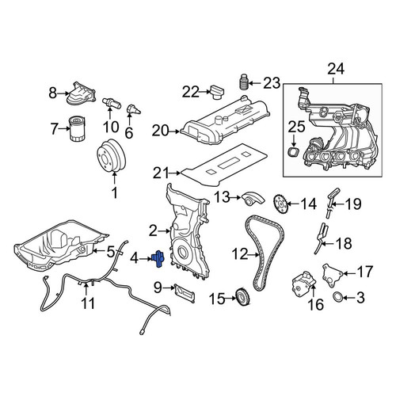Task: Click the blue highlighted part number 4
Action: pos(158,258)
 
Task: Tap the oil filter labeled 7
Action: pos(77,129)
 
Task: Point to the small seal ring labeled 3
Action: pos(338,297)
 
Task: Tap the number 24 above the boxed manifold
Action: pos(336,69)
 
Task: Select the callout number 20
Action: pos(160,131)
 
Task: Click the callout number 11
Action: pos(88,303)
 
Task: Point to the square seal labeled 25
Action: pos(294,153)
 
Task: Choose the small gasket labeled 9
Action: pos(185,292)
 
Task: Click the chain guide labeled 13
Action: pos(253,200)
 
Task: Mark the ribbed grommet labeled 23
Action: pos(243,82)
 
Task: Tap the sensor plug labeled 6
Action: pos(133,110)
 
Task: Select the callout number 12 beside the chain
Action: pos(240,254)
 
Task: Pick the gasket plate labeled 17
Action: pos(332,276)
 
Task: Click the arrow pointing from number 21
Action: pos(175,173)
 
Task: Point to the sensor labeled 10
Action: pos(112,103)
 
